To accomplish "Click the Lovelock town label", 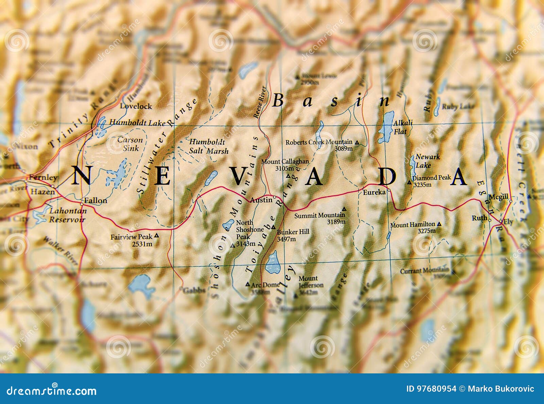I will [136, 106].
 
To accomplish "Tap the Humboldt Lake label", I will [137, 123].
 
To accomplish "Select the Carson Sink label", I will [130, 144].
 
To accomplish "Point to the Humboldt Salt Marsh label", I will [208, 146].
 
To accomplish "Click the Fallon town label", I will [96, 201].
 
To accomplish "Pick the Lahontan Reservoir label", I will [67, 215].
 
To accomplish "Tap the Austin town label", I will [261, 200].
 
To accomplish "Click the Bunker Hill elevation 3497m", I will [286, 239].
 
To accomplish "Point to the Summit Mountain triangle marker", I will [344, 209].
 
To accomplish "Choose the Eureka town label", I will [374, 192].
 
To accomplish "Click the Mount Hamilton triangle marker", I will [439, 224].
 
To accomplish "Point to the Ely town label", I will [508, 222].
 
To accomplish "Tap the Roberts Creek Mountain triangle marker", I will [357, 143].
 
